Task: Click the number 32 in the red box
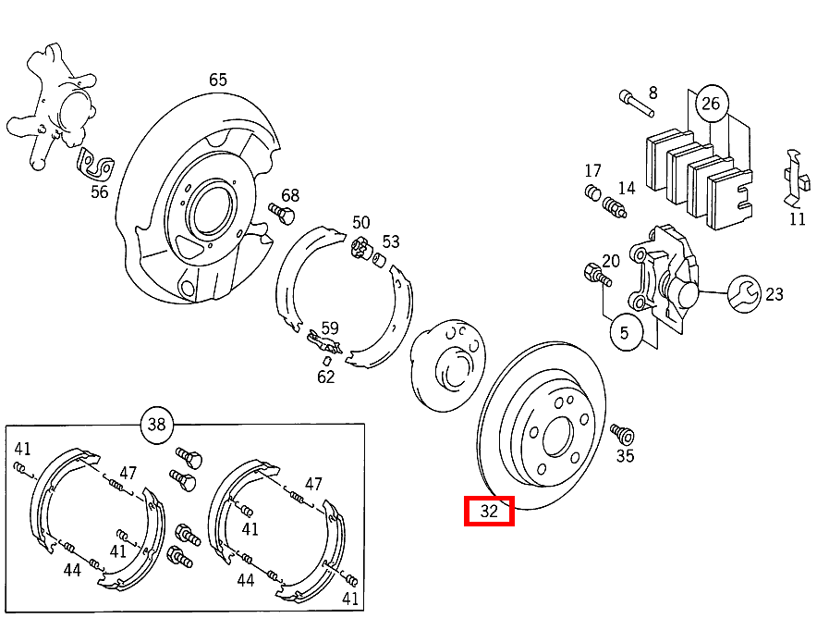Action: pyautogui.click(x=489, y=511)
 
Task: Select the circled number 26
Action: pyautogui.click(x=710, y=103)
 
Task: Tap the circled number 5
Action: pyautogui.click(x=625, y=332)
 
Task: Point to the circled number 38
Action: pyautogui.click(x=156, y=426)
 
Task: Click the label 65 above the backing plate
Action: pyautogui.click(x=217, y=80)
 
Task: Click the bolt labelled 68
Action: pyautogui.click(x=281, y=214)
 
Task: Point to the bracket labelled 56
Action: pyautogui.click(x=93, y=166)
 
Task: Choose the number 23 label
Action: pyautogui.click(x=774, y=294)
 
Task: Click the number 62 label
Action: pyautogui.click(x=325, y=377)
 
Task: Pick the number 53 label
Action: pyautogui.click(x=391, y=241)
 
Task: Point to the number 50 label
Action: pyautogui.click(x=360, y=223)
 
